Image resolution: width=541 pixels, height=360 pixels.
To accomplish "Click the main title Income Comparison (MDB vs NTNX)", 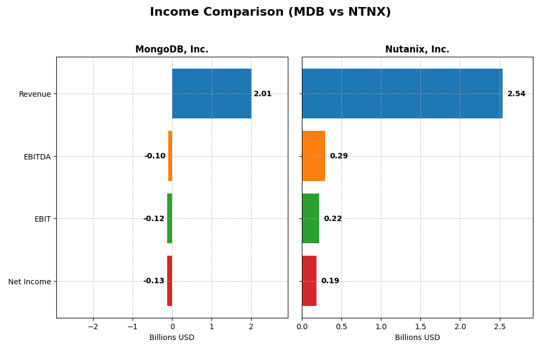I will [270, 12].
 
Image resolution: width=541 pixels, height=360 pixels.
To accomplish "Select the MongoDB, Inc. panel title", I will [171, 49].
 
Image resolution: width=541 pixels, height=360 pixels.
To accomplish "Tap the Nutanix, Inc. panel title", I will [417, 49].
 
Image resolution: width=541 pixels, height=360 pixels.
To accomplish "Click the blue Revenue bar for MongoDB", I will [212, 94].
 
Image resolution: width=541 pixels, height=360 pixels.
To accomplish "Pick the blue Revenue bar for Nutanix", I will [402, 94].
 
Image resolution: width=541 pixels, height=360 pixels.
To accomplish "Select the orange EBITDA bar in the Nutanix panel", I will [313, 156].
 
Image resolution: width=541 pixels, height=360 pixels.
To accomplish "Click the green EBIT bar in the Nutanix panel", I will [311, 218].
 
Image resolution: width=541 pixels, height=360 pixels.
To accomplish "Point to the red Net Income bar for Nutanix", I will [309, 281].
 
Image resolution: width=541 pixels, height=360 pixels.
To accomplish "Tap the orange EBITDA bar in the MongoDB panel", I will [170, 156].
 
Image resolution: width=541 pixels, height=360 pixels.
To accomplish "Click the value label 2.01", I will [263, 94].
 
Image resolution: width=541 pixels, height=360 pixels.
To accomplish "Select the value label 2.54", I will [516, 94].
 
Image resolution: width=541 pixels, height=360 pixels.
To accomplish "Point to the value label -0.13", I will [154, 281].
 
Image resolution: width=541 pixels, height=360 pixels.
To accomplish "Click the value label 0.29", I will [339, 156].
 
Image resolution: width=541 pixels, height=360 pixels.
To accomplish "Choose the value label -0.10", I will [155, 156].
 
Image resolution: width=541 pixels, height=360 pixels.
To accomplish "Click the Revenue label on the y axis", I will [35, 94].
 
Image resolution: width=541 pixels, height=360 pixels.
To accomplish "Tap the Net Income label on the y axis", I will [30, 282].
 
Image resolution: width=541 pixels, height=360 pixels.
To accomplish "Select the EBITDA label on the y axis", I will [37, 157].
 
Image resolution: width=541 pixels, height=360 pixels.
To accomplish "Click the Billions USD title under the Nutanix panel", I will [417, 337].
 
